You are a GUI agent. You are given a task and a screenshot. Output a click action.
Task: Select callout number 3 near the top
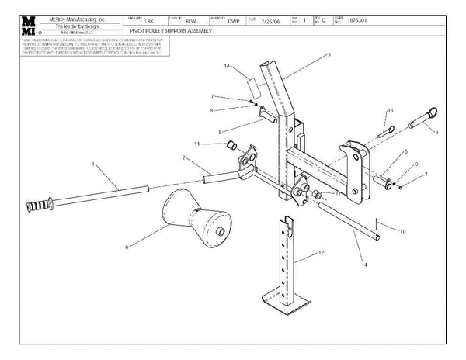click(329, 55)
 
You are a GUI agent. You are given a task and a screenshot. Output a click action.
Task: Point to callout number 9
click(436, 133)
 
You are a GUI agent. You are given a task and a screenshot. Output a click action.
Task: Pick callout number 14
click(227, 67)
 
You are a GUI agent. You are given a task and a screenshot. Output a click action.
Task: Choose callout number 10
click(403, 231)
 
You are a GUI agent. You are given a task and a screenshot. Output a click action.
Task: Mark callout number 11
click(197, 144)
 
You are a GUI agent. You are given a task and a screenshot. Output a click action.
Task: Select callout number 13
click(391, 112)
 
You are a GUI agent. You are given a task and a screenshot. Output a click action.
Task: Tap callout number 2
click(183, 158)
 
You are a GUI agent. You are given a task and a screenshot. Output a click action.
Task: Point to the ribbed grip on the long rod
click(40, 209)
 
